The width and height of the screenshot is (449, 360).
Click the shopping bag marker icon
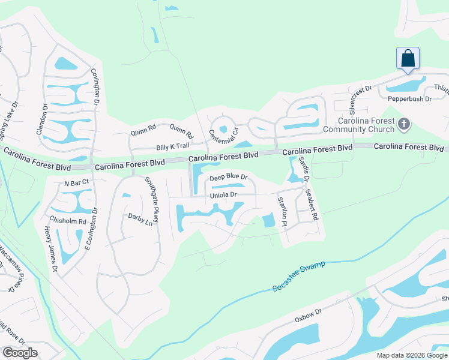click(408, 59)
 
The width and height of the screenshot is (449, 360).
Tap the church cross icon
click(404, 124)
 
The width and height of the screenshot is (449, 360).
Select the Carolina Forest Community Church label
click(359, 125)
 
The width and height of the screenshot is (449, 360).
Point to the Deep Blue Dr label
click(228, 177)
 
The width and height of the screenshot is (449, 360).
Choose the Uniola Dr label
click(223, 195)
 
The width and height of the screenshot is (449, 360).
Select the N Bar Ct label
click(76, 181)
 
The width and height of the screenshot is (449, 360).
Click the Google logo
click(20, 353)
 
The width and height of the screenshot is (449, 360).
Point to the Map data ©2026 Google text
click(411, 355)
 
